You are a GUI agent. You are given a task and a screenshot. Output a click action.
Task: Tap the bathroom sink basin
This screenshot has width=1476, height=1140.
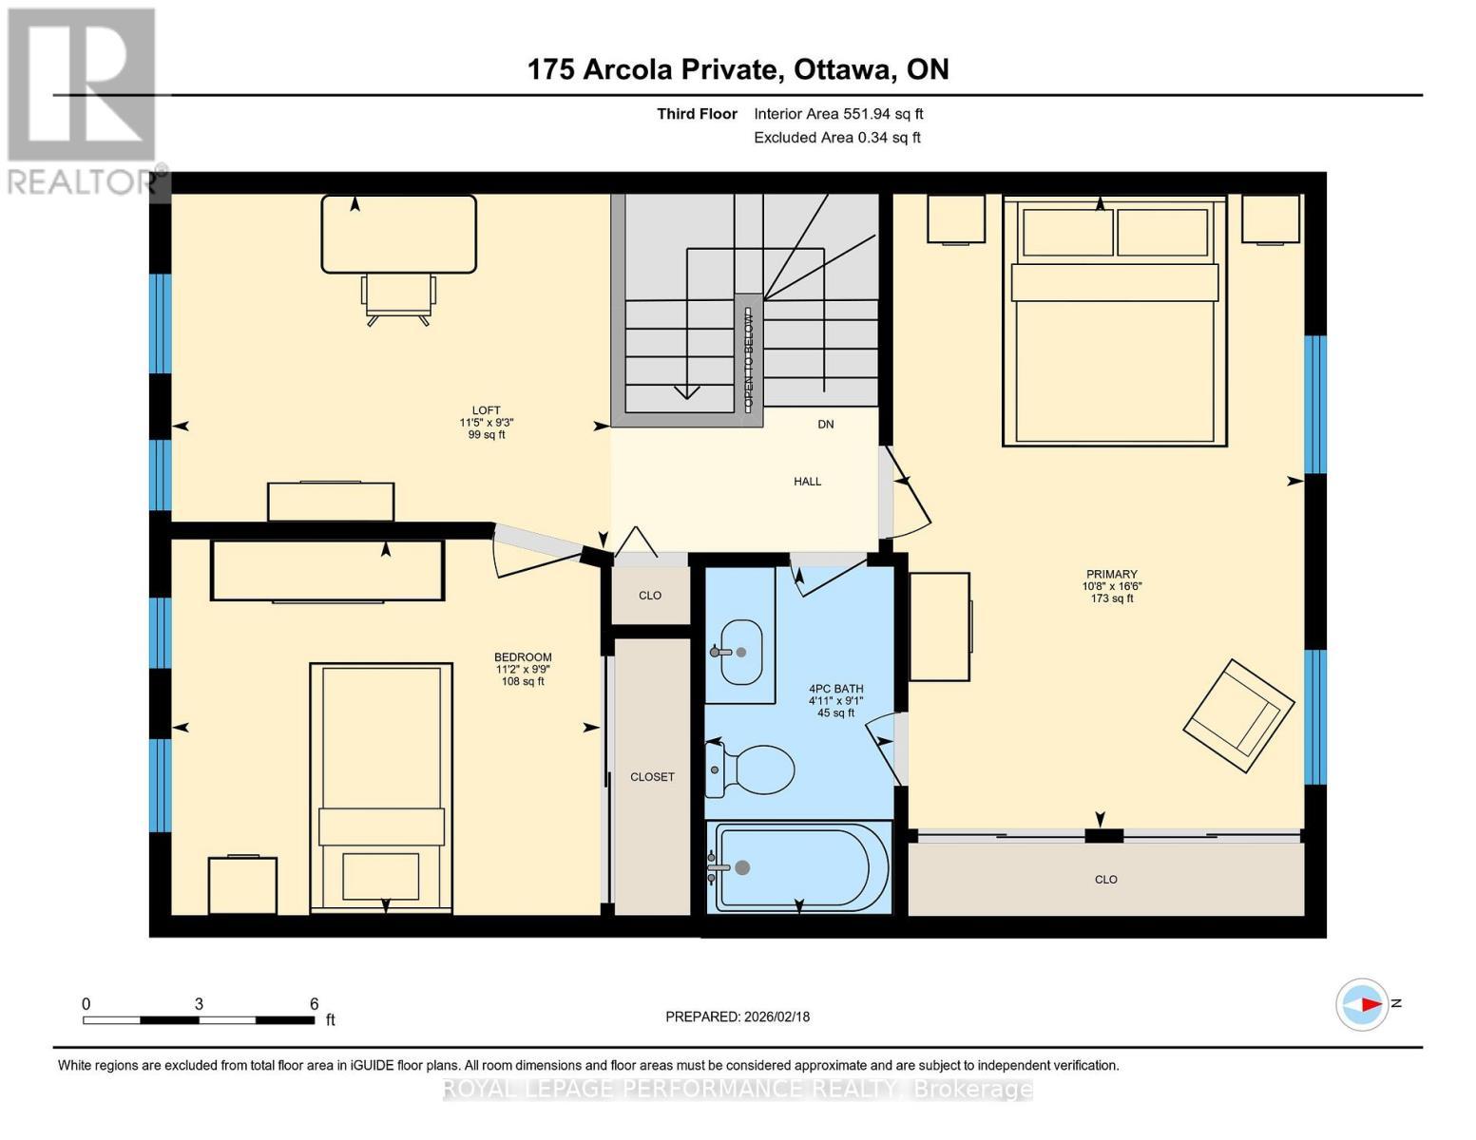click(741, 652)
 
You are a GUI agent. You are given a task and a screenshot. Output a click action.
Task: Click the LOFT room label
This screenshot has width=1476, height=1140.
click(486, 410)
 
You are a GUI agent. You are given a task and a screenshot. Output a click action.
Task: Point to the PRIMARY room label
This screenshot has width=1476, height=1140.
click(1111, 574)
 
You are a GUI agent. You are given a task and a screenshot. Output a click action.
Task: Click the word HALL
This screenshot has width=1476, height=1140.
click(807, 482)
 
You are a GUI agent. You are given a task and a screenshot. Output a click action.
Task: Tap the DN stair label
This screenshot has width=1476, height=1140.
click(825, 425)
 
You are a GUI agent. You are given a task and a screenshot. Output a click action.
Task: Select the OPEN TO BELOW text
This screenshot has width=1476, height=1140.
click(748, 359)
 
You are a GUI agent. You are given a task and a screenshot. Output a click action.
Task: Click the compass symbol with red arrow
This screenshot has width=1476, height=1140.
click(1362, 1004)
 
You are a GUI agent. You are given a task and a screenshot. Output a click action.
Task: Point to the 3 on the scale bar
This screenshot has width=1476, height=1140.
click(199, 1004)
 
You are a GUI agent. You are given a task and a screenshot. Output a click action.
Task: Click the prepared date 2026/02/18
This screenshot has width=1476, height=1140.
click(737, 1016)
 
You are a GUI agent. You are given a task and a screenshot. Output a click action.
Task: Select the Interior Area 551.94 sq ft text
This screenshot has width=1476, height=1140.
click(838, 114)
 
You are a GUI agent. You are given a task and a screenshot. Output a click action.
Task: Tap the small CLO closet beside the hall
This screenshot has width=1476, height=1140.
click(650, 596)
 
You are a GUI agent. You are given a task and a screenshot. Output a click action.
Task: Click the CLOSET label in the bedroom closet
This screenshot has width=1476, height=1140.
click(652, 777)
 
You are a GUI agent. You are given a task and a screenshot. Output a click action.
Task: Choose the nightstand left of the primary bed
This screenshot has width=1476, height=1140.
click(955, 219)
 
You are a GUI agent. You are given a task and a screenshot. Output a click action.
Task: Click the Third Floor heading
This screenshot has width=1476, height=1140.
click(697, 114)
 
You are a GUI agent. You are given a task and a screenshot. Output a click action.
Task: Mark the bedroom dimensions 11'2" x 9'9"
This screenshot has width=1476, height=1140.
click(523, 669)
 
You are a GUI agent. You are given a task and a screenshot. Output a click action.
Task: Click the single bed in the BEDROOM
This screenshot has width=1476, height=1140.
click(381, 788)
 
